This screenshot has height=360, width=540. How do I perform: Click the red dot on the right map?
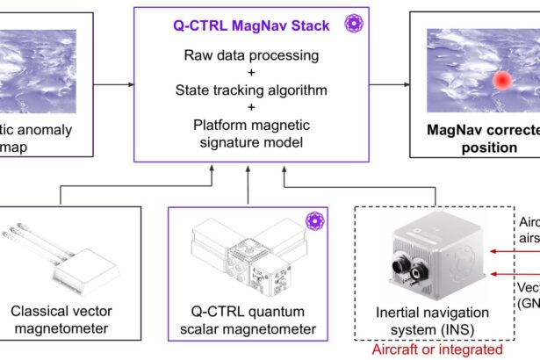pos(501,80)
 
